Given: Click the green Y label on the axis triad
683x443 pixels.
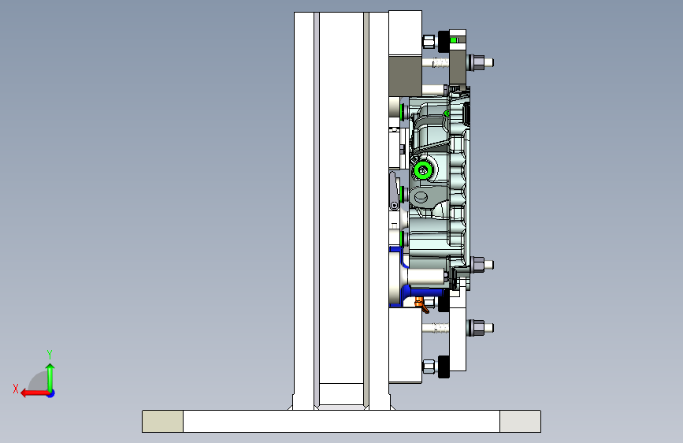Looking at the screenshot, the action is [50, 354].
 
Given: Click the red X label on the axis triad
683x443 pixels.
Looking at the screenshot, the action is [16, 389].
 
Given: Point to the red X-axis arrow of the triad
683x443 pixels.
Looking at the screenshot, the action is [35, 393].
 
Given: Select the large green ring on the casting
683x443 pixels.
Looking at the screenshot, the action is [422, 170].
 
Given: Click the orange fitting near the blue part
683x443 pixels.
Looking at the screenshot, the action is [421, 304].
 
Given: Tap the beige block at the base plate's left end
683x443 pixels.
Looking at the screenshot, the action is [162, 421].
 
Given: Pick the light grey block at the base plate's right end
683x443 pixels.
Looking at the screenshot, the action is [520, 421].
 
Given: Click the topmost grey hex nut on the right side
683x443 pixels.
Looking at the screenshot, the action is [478, 62].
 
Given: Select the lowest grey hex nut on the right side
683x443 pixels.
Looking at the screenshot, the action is [478, 327].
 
